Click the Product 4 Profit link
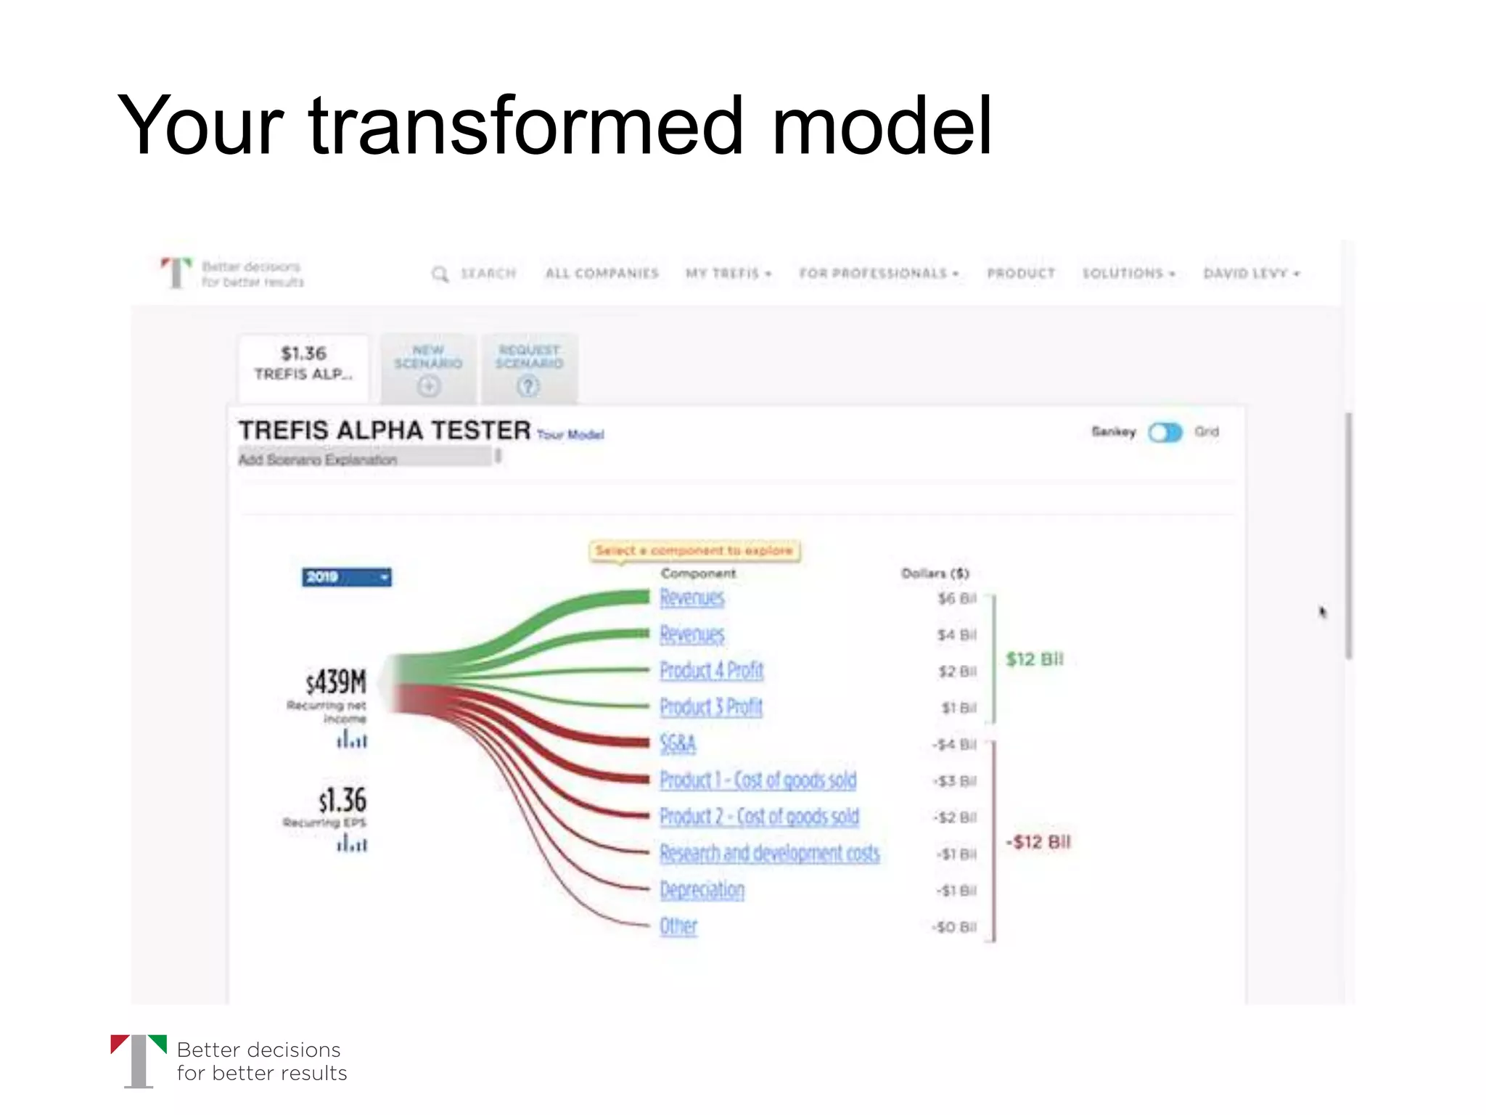[x=711, y=671]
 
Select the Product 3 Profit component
[x=711, y=707]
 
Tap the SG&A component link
[x=678, y=744]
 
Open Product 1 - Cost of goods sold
[x=758, y=780]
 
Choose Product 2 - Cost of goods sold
[x=759, y=817]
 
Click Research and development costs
[x=769, y=854]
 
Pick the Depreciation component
[x=702, y=890]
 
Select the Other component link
[x=678, y=927]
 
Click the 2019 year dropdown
[x=346, y=577]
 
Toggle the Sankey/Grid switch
[x=1165, y=433]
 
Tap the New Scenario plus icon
[x=428, y=386]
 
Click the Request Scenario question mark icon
[x=528, y=386]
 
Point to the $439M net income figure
[x=336, y=682]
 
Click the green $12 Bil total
[x=1034, y=660]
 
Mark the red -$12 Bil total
[x=1038, y=842]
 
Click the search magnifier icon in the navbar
[x=440, y=274]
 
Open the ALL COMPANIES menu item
[x=602, y=274]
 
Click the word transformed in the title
[x=526, y=126]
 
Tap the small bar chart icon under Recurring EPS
[x=352, y=844]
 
